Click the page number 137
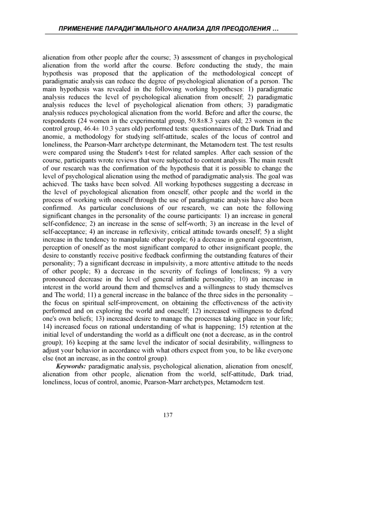click(x=168, y=415)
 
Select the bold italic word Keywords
click(x=71, y=366)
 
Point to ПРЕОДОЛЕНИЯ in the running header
click(x=248, y=29)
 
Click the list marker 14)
click(x=48, y=327)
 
